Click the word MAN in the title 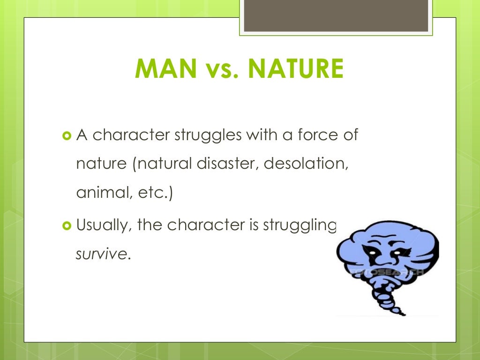point(164,68)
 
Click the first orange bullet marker point(66,136)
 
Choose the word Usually point(103,226)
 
